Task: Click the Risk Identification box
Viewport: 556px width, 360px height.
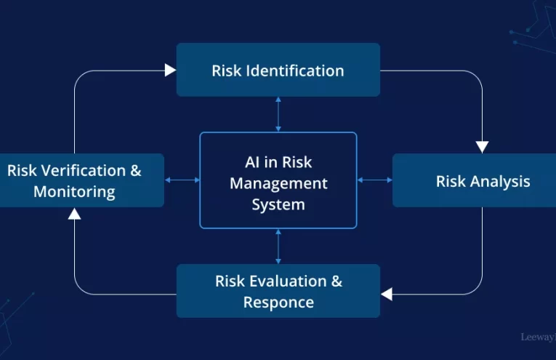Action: pos(278,70)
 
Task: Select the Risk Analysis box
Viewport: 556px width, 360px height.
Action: pos(474,180)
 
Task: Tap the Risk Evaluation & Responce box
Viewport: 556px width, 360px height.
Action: pos(278,291)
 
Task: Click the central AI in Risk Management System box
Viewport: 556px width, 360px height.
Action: pos(278,180)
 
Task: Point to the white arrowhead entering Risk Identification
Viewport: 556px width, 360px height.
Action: pos(171,70)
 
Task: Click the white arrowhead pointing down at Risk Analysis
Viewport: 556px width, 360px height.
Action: pos(482,147)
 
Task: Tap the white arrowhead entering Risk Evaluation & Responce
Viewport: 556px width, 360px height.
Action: pos(387,294)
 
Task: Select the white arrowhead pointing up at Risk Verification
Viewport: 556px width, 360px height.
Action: pos(75,213)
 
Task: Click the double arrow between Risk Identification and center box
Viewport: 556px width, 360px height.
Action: pos(278,114)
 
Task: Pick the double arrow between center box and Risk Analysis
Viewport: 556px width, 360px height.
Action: pos(375,180)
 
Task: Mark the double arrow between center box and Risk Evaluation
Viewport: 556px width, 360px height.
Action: pos(278,246)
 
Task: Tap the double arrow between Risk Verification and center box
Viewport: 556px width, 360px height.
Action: pos(182,180)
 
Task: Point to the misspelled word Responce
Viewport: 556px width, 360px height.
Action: pos(278,302)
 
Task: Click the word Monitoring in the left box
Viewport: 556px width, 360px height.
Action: pos(74,192)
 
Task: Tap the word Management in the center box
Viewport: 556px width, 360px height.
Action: pos(278,183)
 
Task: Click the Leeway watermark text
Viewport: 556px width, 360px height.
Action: pos(538,337)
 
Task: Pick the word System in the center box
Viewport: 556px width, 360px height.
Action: pos(278,204)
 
